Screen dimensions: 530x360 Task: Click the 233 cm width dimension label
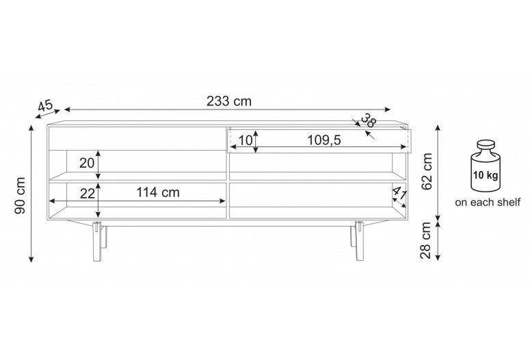(229, 101)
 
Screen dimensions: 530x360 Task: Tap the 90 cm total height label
(21, 196)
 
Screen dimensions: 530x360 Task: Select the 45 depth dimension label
(45, 105)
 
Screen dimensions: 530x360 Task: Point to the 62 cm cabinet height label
(427, 171)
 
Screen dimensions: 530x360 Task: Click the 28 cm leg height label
(426, 240)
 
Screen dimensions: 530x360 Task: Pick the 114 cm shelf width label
(158, 192)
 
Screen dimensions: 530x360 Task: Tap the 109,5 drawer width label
(324, 140)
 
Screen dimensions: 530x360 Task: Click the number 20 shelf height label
(87, 163)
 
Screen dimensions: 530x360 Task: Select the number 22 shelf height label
(88, 194)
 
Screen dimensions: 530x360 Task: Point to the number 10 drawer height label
(246, 140)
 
